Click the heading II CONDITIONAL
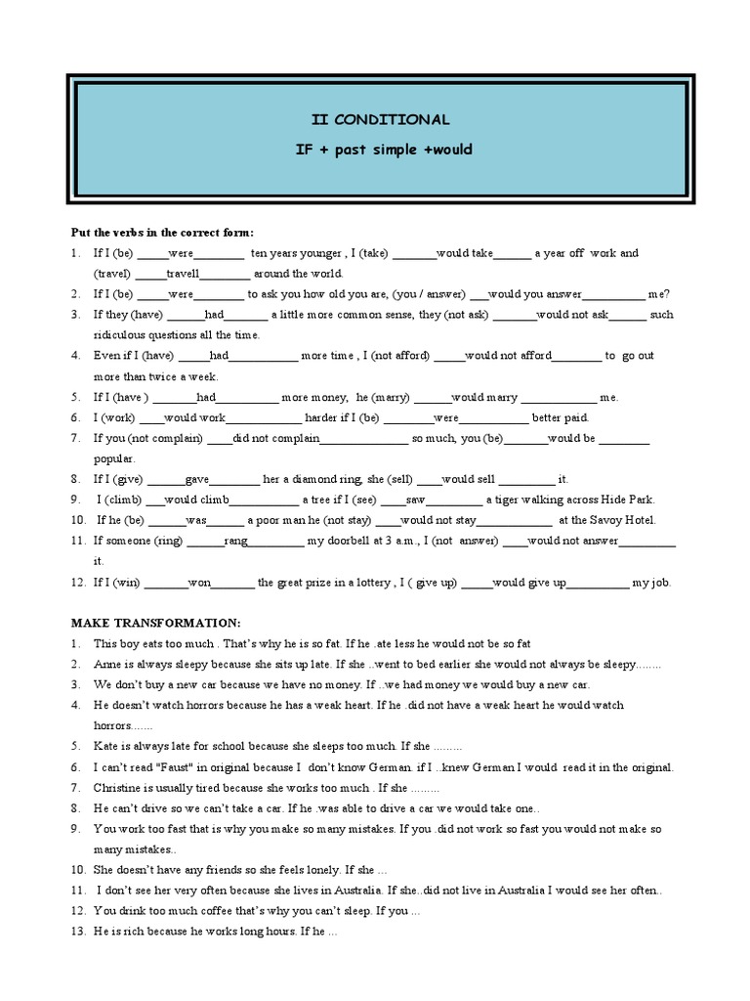(x=380, y=119)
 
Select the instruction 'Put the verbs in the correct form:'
(x=162, y=233)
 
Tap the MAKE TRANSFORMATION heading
(x=155, y=623)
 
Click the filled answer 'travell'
(x=183, y=274)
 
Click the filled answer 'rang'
(x=236, y=541)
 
